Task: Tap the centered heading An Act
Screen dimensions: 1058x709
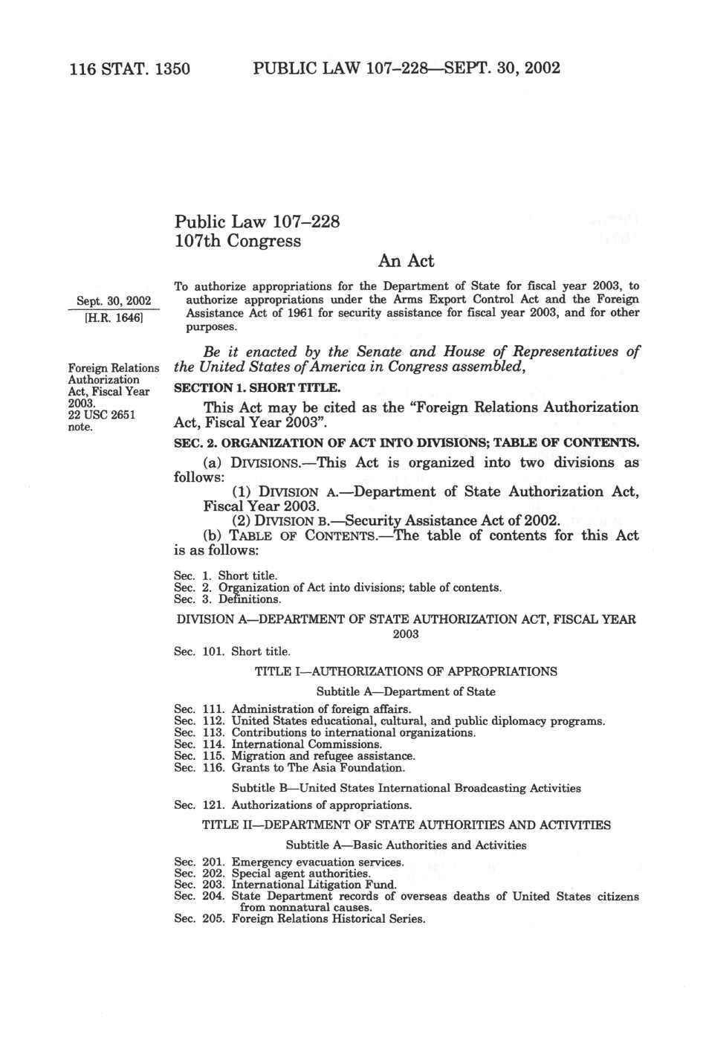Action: point(406,260)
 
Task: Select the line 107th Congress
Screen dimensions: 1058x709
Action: point(237,241)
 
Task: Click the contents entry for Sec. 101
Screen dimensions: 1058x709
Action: point(231,651)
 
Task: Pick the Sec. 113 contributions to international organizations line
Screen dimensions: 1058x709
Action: point(324,732)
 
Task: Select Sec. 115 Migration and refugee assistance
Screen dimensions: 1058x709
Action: point(294,755)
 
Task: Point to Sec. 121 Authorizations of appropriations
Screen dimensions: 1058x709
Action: point(292,804)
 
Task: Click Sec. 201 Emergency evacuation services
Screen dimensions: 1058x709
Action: point(288,862)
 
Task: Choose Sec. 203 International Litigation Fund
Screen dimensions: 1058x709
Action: point(285,885)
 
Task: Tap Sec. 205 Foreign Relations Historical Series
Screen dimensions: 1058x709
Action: point(300,919)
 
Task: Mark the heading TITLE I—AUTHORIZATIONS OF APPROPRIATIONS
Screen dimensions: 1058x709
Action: point(406,671)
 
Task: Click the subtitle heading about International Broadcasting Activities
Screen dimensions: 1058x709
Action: point(406,787)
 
